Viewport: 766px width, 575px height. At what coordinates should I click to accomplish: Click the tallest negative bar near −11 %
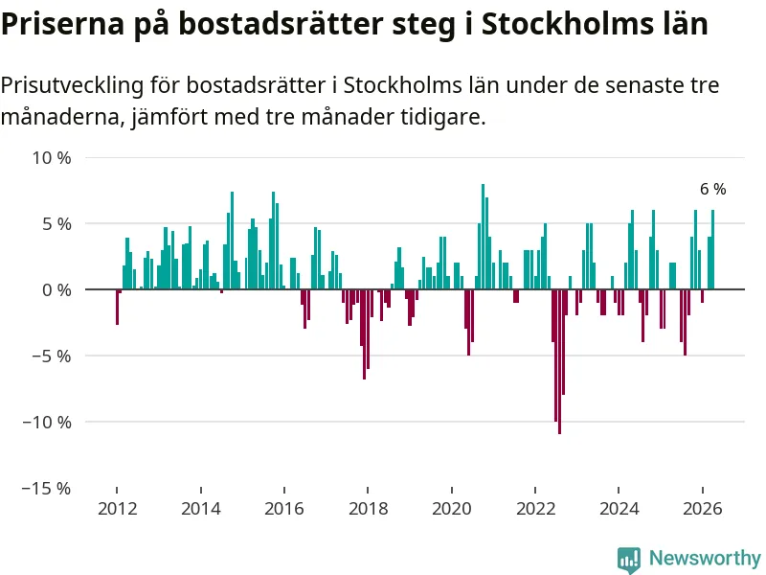[559, 362]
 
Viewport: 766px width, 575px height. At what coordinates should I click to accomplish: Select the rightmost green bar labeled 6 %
[712, 249]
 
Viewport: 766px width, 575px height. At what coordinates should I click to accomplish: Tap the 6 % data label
[712, 189]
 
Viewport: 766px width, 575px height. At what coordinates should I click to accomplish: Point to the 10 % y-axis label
[52, 158]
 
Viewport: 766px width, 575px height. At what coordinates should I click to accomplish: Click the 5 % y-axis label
[56, 224]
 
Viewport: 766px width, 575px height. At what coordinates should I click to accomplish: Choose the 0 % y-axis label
[56, 290]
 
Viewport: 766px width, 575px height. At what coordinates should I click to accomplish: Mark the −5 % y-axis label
[52, 356]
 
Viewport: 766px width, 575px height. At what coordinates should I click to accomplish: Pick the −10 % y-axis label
[47, 422]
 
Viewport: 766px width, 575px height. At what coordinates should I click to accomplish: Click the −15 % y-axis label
[47, 488]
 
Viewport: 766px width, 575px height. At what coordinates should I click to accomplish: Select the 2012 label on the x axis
[117, 509]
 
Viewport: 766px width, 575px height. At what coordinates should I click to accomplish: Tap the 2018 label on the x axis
[368, 509]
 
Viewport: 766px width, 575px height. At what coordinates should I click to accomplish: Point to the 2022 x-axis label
[535, 509]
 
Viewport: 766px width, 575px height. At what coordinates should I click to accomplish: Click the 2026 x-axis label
[703, 509]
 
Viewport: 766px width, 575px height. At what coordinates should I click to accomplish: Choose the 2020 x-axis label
[452, 509]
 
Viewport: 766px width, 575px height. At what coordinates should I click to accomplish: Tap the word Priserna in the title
[63, 23]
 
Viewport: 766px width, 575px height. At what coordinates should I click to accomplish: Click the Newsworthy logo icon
[629, 560]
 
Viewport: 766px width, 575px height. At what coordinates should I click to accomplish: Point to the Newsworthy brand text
[705, 558]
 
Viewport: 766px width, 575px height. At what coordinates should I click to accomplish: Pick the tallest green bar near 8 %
[484, 237]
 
